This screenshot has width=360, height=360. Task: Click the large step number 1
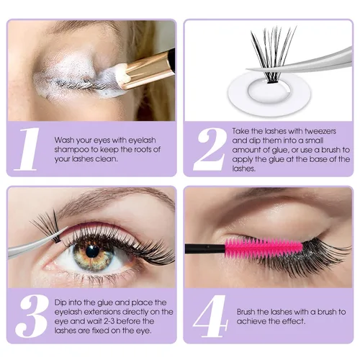(x=27, y=149)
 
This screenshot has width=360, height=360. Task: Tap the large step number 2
(x=210, y=149)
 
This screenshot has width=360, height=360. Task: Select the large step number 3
(x=31, y=315)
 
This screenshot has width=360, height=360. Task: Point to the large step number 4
(x=210, y=315)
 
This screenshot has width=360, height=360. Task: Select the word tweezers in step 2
(x=320, y=131)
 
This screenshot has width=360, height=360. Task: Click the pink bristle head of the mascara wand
(x=264, y=248)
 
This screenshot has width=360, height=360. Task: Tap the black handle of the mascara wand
(x=205, y=248)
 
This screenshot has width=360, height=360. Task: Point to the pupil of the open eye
(x=92, y=251)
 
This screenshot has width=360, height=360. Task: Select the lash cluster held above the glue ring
(x=273, y=54)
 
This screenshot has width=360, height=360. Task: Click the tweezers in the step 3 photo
(x=36, y=244)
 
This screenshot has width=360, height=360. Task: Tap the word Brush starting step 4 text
(x=246, y=312)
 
